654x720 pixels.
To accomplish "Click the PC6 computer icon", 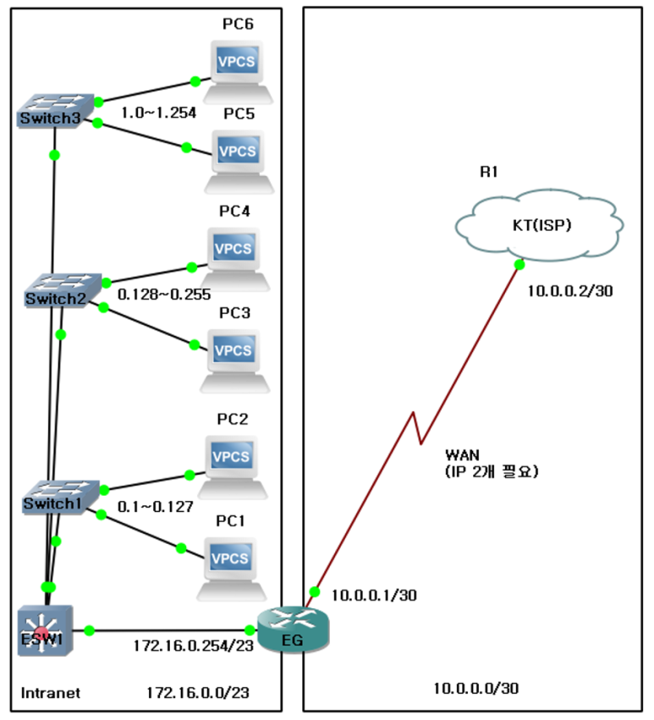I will tap(237, 69).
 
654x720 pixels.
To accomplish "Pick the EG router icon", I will tap(292, 631).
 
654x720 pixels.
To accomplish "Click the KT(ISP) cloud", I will tap(539, 224).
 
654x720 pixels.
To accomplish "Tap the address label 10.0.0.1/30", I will tap(374, 595).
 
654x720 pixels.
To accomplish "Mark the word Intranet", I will tap(51, 693).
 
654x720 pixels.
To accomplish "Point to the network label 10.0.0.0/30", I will tap(475, 689).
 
